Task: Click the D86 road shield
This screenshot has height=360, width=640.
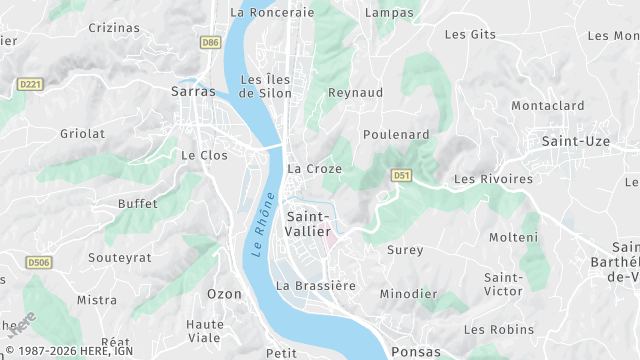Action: coord(210,43)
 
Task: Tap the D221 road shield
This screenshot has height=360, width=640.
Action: coord(30,86)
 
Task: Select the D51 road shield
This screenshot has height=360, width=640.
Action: coord(402,175)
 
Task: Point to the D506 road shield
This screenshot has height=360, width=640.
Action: coord(39,263)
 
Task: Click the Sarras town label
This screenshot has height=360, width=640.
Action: coord(194,91)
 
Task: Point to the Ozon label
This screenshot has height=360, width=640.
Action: coord(224,294)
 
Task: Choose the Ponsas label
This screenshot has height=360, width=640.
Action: coord(416,352)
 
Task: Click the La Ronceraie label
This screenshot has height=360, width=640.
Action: coord(272,13)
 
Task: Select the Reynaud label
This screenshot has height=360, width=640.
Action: coord(356,92)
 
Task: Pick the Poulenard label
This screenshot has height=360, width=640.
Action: coord(396,135)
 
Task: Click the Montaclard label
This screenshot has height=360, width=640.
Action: coord(547,106)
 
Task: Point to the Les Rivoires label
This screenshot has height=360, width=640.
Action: coord(493,179)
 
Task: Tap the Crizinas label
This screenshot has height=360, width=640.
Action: coord(114,28)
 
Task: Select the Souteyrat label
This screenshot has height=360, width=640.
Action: coord(120,257)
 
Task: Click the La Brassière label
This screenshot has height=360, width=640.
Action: coord(316,285)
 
